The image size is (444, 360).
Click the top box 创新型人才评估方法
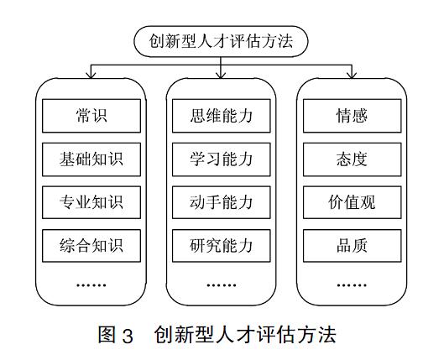tap(221, 41)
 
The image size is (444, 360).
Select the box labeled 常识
tap(91, 116)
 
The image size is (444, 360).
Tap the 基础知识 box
tap(91, 159)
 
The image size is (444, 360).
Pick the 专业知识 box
tap(91, 202)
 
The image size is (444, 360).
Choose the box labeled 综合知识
tap(91, 246)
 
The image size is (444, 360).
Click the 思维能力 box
tap(222, 116)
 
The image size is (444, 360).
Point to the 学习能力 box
tap(222, 159)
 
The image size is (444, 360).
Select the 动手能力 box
tap(222, 202)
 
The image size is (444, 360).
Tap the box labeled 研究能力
tap(222, 246)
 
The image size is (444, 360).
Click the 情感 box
tap(353, 116)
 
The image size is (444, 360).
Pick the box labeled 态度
tap(353, 159)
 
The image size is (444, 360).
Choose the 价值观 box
tap(353, 202)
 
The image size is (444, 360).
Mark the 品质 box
tap(353, 246)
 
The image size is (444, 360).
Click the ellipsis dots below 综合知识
tap(91, 285)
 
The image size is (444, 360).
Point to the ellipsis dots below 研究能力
tap(222, 285)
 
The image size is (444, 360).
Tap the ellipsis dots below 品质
tap(352, 285)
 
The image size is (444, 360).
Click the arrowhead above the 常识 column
tap(91, 75)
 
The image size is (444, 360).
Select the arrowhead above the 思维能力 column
tap(221, 75)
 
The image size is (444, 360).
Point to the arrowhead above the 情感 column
tap(352, 75)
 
